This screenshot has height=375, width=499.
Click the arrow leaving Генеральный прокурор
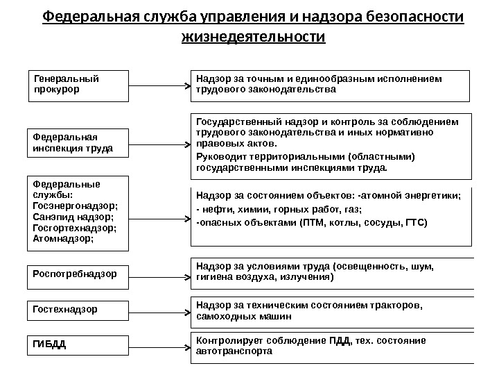[159, 87]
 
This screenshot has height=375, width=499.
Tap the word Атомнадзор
[62, 238]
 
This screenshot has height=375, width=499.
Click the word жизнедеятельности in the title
[252, 35]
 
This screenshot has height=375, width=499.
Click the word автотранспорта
[235, 351]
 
